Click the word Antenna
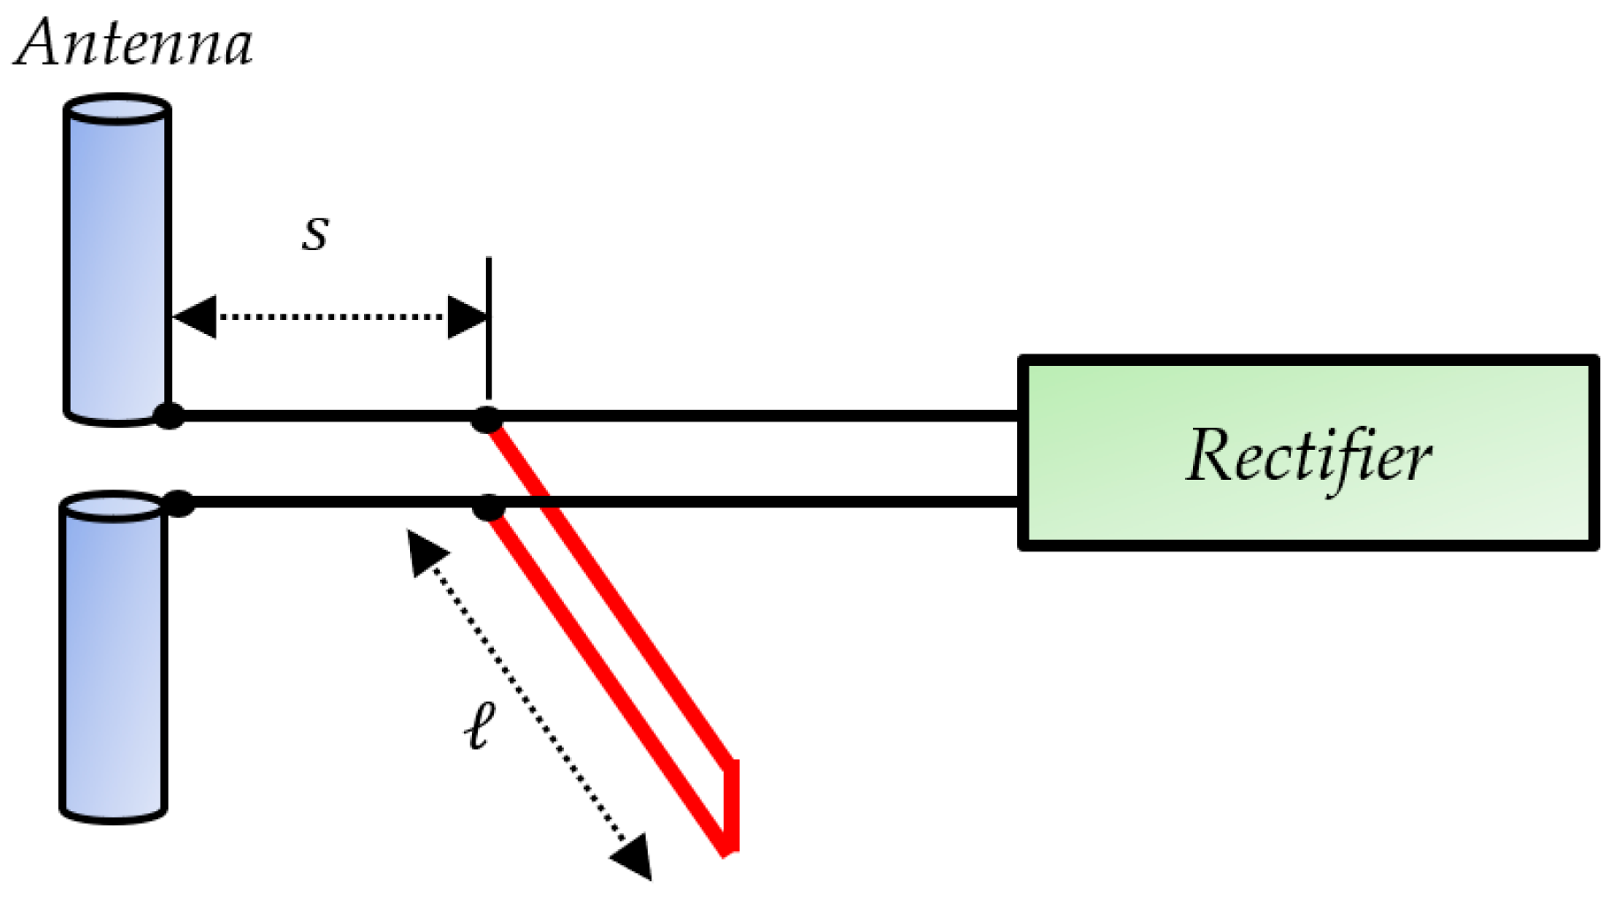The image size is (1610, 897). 134,43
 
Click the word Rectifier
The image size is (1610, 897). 1308,456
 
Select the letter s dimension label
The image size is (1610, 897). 315,232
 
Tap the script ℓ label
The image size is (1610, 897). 480,726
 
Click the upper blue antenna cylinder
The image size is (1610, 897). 117,265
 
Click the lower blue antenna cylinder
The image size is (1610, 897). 113,663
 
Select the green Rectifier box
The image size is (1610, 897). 1308,513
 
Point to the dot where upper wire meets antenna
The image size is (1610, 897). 169,415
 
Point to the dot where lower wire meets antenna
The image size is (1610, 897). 179,503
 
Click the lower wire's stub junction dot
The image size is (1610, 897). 488,507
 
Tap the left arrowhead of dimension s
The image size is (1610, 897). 194,316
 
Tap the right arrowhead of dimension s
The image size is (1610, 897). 467,316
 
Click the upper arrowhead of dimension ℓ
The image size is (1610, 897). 427,552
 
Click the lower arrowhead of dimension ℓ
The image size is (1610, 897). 634,855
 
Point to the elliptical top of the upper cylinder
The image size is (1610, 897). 117,110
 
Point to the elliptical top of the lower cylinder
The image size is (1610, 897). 112,507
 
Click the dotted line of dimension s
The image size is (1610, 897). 331,316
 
